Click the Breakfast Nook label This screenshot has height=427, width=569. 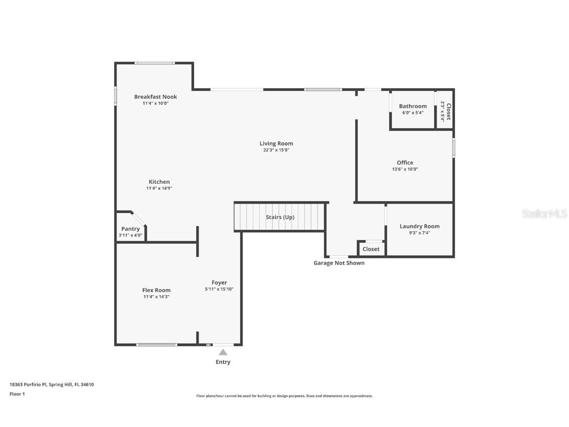coord(156,97)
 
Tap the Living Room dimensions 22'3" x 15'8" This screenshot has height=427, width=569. coord(276,150)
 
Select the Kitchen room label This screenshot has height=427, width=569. coord(159,182)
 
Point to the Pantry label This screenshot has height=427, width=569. coord(130,229)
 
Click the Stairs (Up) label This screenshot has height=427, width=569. coord(280,217)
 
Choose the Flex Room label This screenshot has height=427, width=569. coord(156,290)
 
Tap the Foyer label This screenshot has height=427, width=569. coord(219,283)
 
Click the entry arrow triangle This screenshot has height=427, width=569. coord(223,352)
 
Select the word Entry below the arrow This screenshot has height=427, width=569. coord(223,362)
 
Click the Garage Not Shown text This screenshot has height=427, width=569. coord(339,263)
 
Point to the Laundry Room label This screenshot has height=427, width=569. coord(419,226)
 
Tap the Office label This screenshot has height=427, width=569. coord(405,163)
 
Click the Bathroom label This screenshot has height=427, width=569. coord(412,106)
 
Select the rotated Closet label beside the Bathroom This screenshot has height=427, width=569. coord(448,112)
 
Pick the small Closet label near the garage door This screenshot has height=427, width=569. coord(371,249)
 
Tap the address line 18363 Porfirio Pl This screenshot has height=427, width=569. coord(51,384)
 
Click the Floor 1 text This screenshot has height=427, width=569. coord(17,394)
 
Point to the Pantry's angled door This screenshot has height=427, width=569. coord(139,218)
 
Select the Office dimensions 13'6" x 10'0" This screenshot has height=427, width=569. coord(405,169)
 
